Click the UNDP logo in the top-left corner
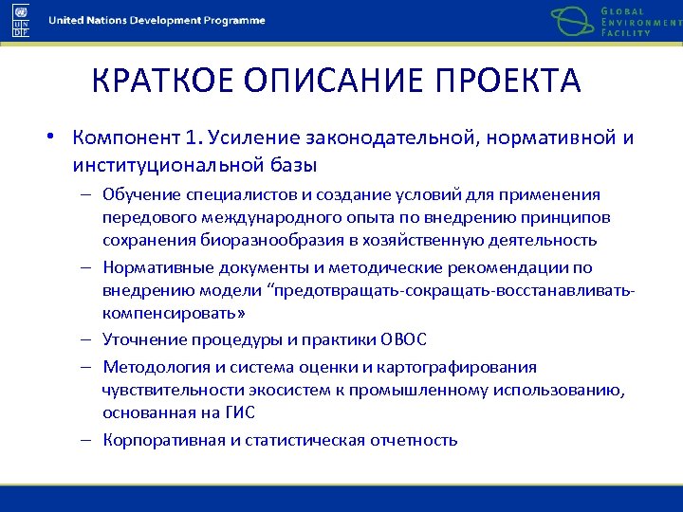tap(20, 19)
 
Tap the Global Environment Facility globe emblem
tap(572, 21)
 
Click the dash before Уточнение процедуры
tap(85, 340)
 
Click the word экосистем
tap(260, 390)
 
